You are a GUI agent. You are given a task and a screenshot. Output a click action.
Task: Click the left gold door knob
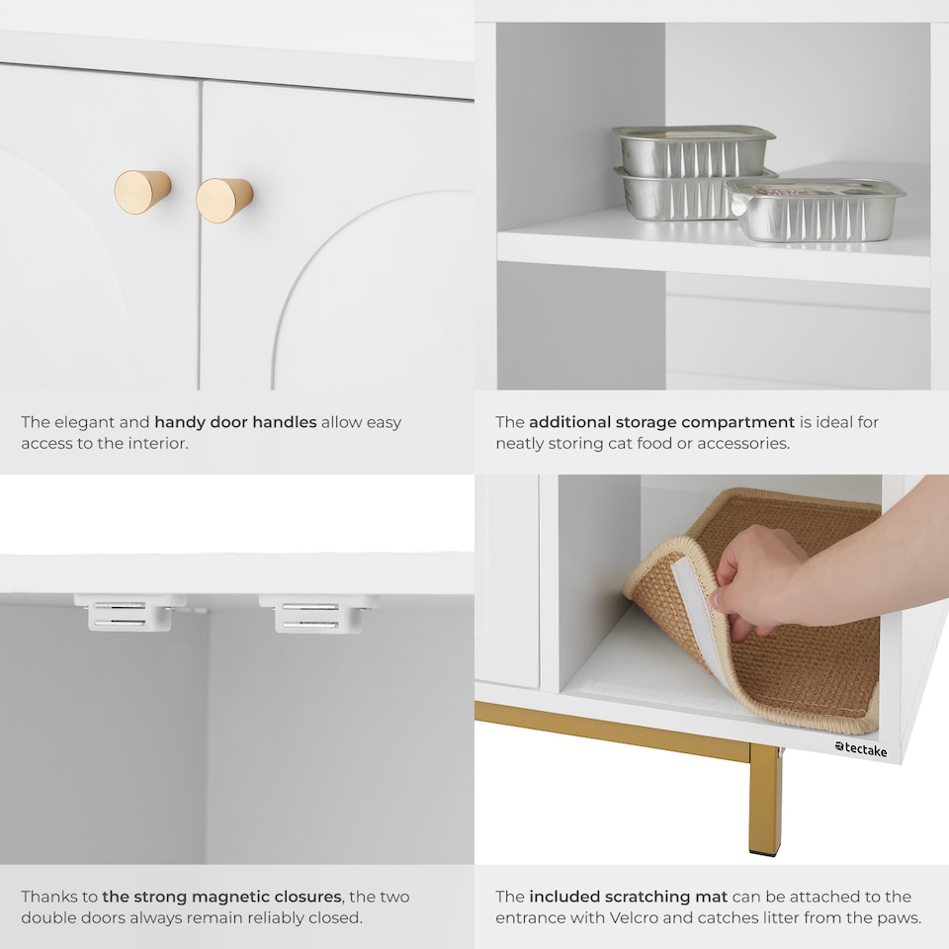pos(142,192)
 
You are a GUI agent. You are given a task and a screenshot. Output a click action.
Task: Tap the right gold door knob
pos(224,200)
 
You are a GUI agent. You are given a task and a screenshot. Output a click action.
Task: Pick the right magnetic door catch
pos(319,613)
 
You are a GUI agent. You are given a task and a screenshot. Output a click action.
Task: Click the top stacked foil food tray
pos(694,150)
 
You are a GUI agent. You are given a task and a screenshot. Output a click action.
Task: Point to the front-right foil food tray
pos(817,210)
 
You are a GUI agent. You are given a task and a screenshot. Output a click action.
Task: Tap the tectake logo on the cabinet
pos(861,749)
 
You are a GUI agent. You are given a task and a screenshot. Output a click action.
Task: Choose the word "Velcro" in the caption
pos(633,917)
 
